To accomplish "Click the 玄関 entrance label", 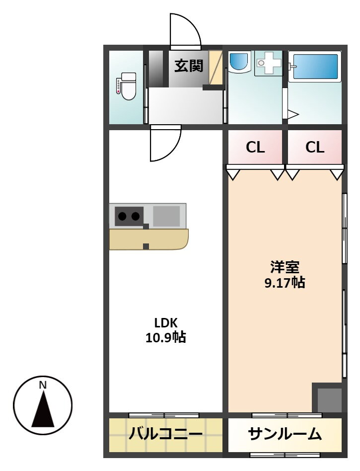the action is [189, 66].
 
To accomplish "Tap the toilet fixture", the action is [127, 86].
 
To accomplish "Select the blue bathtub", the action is [315, 67].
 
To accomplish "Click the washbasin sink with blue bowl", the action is [239, 62].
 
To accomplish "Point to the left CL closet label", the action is [255, 147].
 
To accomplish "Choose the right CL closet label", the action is [315, 147].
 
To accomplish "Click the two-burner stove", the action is [129, 216].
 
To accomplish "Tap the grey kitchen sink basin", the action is [167, 216].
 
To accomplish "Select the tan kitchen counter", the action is [148, 239].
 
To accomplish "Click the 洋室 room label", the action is [285, 267].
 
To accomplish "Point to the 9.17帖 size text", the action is [285, 283].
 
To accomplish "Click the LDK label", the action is [166, 323].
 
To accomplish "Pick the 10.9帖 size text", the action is [166, 338].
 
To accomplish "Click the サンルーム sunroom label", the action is [285, 434].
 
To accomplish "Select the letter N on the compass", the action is [43, 385].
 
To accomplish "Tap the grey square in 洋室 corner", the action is [330, 400].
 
